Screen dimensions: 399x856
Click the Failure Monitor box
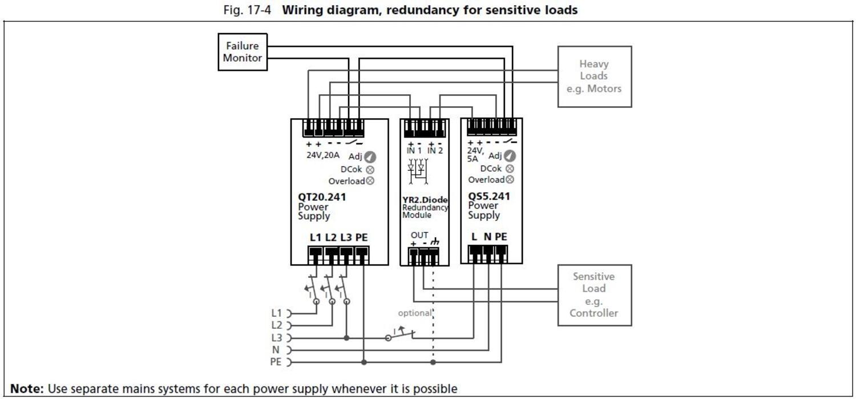pos(243,52)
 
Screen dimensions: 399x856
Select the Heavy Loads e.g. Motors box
pos(594,76)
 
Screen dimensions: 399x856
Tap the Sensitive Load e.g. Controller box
pos(594,295)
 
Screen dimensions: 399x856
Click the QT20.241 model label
pos(322,197)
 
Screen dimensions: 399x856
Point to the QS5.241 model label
pos(489,195)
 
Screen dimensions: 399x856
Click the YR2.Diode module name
pos(425,200)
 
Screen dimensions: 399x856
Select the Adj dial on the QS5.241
pos(510,155)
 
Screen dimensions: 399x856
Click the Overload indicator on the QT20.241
pos(370,181)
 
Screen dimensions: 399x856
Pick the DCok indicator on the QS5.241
pos(510,168)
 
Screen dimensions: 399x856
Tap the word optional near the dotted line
pos(415,313)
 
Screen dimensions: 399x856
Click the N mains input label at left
pos(276,349)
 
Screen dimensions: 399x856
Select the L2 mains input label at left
pos(276,325)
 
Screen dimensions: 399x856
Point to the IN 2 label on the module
pos(435,150)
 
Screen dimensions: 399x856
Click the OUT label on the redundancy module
pos(419,235)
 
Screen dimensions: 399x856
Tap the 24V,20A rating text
pos(323,155)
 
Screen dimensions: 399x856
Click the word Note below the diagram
pos(27,389)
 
